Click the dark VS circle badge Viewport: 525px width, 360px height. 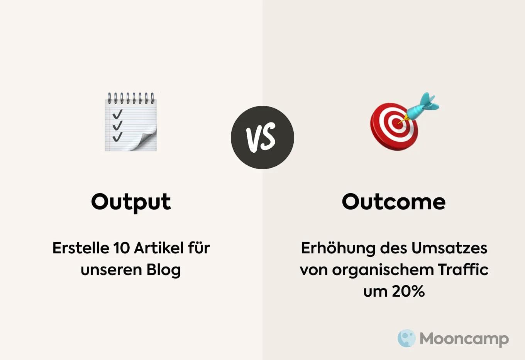click(x=262, y=138)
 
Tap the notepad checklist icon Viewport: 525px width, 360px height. click(x=131, y=122)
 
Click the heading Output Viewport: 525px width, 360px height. click(x=131, y=202)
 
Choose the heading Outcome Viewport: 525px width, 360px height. click(x=393, y=202)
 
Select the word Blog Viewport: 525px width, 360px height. click(x=164, y=270)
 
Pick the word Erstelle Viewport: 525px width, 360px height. click(x=81, y=248)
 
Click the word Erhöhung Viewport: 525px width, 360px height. click(x=338, y=248)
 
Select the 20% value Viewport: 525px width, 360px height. click(x=409, y=291)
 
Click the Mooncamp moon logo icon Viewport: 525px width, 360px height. click(x=406, y=338)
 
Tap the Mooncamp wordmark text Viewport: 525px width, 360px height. click(x=464, y=339)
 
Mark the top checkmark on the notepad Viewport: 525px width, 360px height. click(x=117, y=114)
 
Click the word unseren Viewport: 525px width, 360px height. click(x=111, y=270)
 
